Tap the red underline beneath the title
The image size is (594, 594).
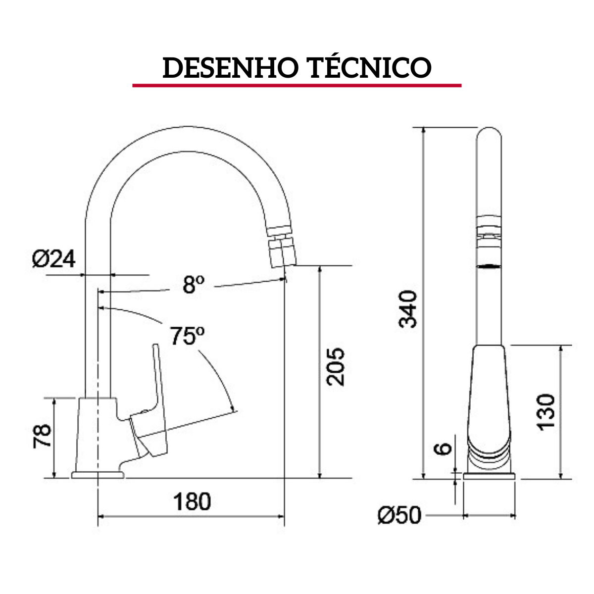coord(297,86)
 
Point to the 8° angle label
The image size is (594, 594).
coord(193,285)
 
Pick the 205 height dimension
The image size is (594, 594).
coord(335,366)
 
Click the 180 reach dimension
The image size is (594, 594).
coord(192,501)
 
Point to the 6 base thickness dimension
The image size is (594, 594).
coord(444,448)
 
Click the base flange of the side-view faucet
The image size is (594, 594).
coord(98,475)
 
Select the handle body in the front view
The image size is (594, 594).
coord(488,391)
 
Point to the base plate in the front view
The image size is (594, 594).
coord(489,476)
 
